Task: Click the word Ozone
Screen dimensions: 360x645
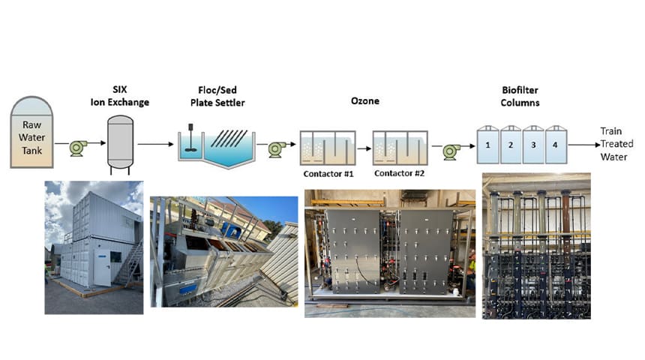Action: tap(364, 99)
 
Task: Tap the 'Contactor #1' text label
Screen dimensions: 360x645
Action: tap(328, 175)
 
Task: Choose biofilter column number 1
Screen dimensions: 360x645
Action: tap(488, 143)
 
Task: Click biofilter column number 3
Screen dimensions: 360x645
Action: tap(532, 143)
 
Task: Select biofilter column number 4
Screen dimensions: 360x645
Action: tap(555, 143)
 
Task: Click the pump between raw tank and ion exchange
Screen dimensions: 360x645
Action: tap(78, 148)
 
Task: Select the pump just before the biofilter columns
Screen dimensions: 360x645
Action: tap(450, 151)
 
